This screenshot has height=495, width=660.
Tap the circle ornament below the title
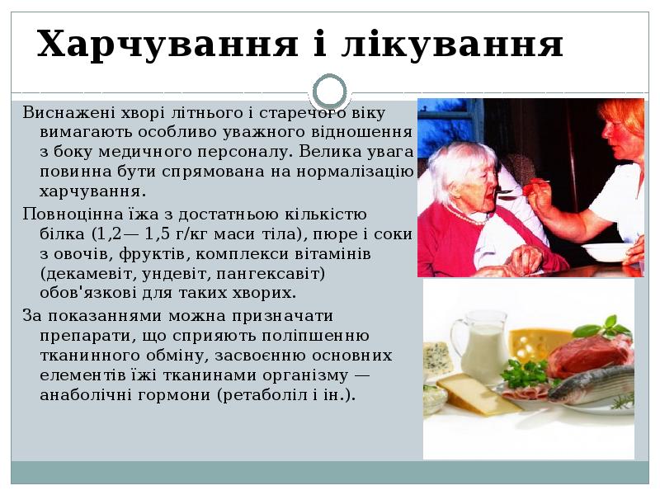click(331, 92)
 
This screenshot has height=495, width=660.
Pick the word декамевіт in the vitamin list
click(85, 273)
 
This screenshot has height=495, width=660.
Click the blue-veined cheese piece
click(437, 356)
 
